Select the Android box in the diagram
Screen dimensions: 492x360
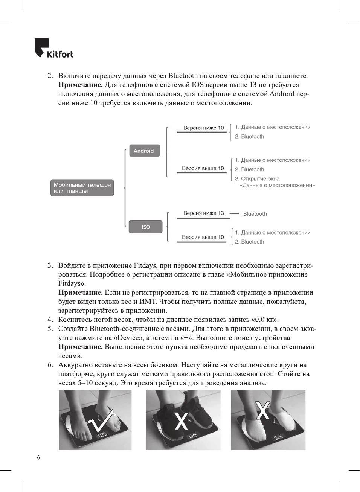[144, 151]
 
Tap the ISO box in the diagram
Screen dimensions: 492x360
[146, 227]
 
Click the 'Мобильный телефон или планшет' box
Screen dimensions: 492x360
[82, 188]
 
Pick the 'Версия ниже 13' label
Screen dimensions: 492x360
[203, 213]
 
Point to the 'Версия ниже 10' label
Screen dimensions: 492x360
[203, 128]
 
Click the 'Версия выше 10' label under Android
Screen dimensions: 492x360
[203, 168]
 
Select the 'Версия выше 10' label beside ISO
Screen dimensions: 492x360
[203, 237]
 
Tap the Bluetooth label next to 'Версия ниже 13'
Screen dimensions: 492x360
[255, 214]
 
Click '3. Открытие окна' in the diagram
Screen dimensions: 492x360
[257, 178]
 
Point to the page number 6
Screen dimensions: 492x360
[38, 457]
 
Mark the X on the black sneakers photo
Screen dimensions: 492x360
[182, 421]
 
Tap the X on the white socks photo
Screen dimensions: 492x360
[263, 410]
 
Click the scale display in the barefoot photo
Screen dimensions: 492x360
[102, 435]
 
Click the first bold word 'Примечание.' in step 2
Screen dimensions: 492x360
[81, 85]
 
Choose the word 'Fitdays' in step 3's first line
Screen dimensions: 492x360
[145, 265]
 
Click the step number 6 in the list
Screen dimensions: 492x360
[50, 365]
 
